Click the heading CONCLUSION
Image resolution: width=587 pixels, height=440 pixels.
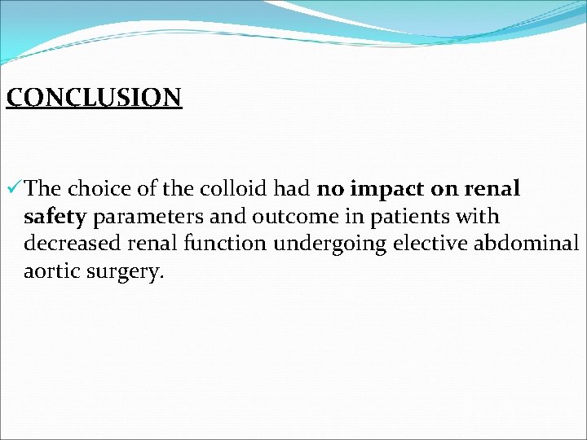coord(94,97)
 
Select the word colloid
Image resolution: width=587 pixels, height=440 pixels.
coord(229,189)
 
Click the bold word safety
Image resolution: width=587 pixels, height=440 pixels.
coord(57,218)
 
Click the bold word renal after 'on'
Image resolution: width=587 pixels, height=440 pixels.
coord(492,189)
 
